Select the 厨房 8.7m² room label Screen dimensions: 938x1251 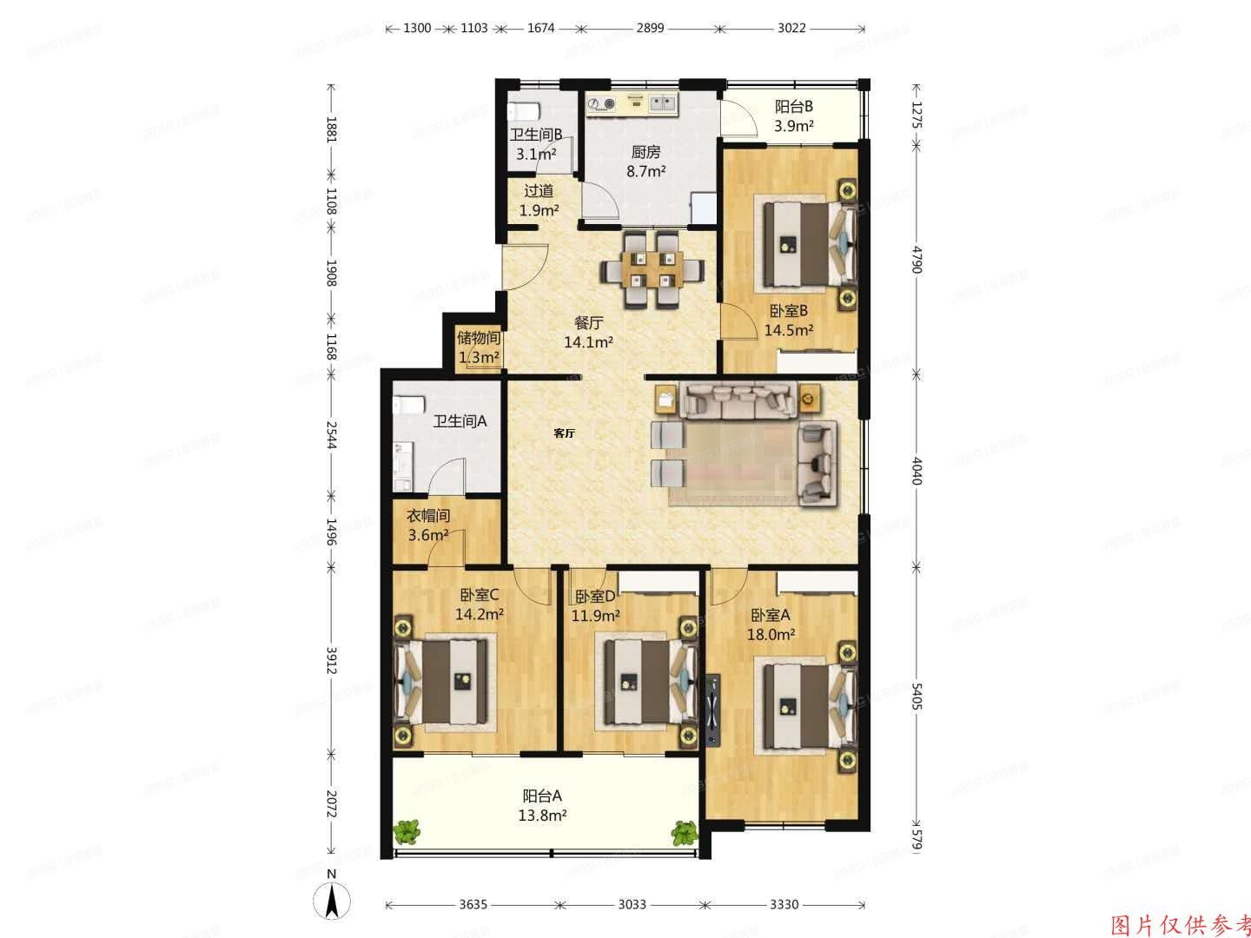pos(646,162)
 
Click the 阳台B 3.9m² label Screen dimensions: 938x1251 pos(793,116)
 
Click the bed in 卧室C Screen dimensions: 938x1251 pos(446,680)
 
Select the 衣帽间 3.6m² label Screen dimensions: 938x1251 pos(428,525)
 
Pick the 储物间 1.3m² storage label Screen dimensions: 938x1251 pos(479,347)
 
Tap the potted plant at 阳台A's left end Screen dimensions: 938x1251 pos(407,833)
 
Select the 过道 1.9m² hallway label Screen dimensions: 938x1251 pos(539,200)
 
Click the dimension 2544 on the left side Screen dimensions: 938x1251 pos(331,434)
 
